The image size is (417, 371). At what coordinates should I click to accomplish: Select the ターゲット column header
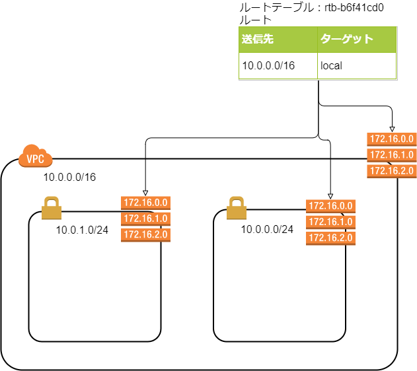click(x=347, y=40)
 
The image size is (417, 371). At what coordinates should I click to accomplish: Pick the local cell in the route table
click(x=331, y=66)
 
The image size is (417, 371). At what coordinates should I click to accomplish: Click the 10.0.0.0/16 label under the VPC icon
click(x=69, y=178)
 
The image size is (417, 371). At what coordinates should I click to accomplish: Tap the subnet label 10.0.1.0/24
click(x=83, y=230)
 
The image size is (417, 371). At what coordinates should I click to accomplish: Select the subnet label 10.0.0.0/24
click(x=267, y=230)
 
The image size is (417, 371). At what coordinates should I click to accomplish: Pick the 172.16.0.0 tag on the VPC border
click(x=391, y=139)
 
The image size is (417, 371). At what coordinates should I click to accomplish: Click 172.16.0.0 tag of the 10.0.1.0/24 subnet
click(x=145, y=203)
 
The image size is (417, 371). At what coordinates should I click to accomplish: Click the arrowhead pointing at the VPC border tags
click(x=392, y=129)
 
